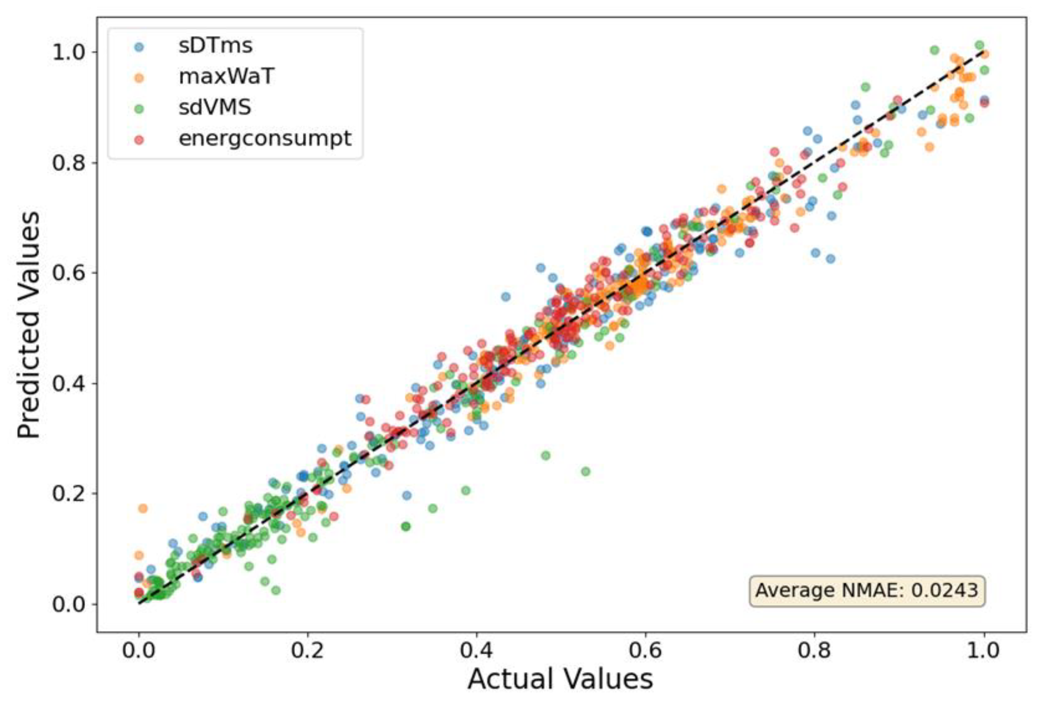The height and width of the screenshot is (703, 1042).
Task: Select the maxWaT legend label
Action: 226,77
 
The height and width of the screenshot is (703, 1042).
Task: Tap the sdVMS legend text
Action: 215,108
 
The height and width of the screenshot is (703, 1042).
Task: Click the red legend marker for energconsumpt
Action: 139,139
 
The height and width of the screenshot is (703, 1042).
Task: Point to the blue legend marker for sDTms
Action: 139,47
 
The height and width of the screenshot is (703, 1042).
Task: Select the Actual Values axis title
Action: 560,679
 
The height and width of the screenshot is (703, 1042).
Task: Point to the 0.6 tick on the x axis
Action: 645,650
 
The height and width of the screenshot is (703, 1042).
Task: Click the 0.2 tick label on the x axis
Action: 307,650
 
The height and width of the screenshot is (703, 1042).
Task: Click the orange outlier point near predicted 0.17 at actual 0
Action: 143,509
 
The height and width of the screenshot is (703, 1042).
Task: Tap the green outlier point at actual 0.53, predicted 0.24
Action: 585,472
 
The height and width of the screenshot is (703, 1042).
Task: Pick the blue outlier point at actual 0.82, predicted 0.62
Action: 830,259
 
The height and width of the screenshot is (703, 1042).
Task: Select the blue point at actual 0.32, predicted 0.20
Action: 406,495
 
